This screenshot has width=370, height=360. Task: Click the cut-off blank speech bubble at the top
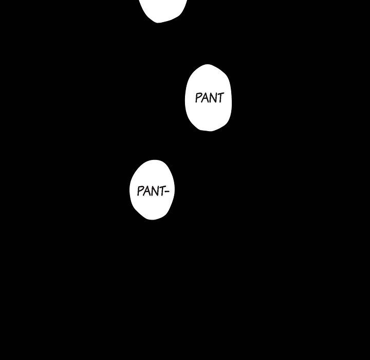click(x=162, y=9)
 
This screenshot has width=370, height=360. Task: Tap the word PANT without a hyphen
click(x=209, y=98)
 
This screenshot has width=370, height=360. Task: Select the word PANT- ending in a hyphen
click(x=153, y=191)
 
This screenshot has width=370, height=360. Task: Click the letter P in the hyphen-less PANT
click(x=198, y=98)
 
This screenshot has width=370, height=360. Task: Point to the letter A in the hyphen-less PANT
click(x=206, y=98)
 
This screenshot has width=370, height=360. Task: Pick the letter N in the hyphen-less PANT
click(x=213, y=98)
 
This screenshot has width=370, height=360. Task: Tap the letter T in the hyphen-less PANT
click(x=220, y=98)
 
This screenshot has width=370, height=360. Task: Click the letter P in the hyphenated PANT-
click(x=140, y=191)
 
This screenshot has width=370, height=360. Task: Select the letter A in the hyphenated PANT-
click(x=146, y=191)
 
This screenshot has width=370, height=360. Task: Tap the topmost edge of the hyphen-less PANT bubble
click(x=208, y=65)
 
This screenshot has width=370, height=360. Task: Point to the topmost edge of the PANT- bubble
click(x=153, y=160)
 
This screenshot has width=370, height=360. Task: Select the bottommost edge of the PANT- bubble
click(x=152, y=220)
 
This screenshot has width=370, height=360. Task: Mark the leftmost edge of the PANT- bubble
click(x=130, y=190)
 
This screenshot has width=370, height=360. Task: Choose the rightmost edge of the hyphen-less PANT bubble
click(x=231, y=98)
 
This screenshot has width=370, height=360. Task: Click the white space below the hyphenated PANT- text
click(x=152, y=208)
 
